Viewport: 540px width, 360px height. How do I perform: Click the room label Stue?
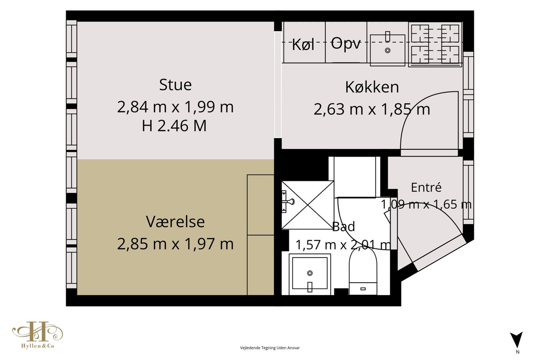175,85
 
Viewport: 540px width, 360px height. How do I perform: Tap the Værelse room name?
175,221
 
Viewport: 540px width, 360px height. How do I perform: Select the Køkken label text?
372,87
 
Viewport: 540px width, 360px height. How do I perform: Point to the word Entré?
426,187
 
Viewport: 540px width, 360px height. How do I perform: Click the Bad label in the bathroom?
343,226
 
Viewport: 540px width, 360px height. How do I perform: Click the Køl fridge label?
303,45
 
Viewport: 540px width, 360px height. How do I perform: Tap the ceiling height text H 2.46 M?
174,126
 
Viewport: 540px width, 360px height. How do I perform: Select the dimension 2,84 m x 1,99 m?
175,107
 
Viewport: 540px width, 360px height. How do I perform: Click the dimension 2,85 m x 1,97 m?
175,244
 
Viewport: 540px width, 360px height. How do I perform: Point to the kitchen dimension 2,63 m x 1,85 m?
372,109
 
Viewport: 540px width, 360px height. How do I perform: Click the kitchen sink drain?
387,50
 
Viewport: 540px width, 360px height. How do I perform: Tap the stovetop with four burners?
435,44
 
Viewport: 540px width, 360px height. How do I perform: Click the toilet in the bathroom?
363,272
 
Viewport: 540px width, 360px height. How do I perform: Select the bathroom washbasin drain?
310,273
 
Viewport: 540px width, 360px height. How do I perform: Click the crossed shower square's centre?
308,205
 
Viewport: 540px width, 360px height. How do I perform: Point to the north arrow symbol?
516,340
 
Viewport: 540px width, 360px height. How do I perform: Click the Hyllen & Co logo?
38,335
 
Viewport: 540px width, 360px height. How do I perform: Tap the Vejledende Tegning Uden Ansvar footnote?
270,348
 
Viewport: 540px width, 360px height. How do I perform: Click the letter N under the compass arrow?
517,352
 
